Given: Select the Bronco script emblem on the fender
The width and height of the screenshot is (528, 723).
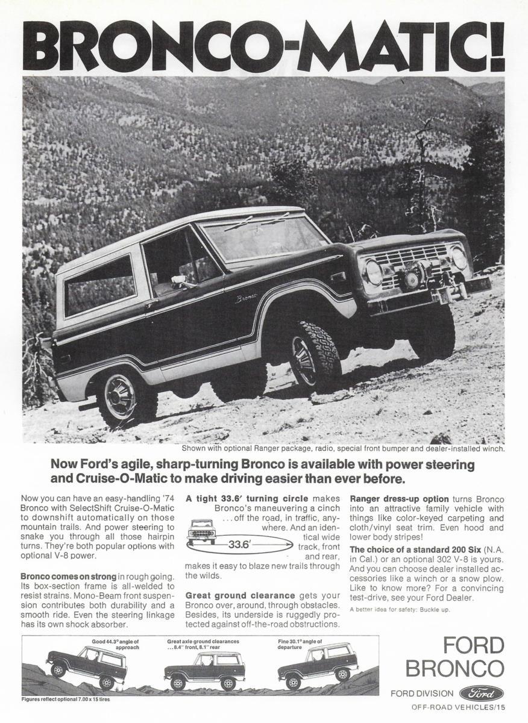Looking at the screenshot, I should pos(245,297).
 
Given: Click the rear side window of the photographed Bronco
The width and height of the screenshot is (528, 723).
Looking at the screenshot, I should pos(99,284).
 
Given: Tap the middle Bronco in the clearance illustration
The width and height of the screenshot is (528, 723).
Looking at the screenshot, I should pos(204,671).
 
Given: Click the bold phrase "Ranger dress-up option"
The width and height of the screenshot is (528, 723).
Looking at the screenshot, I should pos(399,499).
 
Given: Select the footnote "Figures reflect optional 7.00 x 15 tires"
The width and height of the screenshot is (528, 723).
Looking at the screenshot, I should pos(66,700).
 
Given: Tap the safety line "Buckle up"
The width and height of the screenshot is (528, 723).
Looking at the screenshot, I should pos(400,610).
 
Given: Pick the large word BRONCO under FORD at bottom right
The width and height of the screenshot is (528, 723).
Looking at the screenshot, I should pos(454,668).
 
